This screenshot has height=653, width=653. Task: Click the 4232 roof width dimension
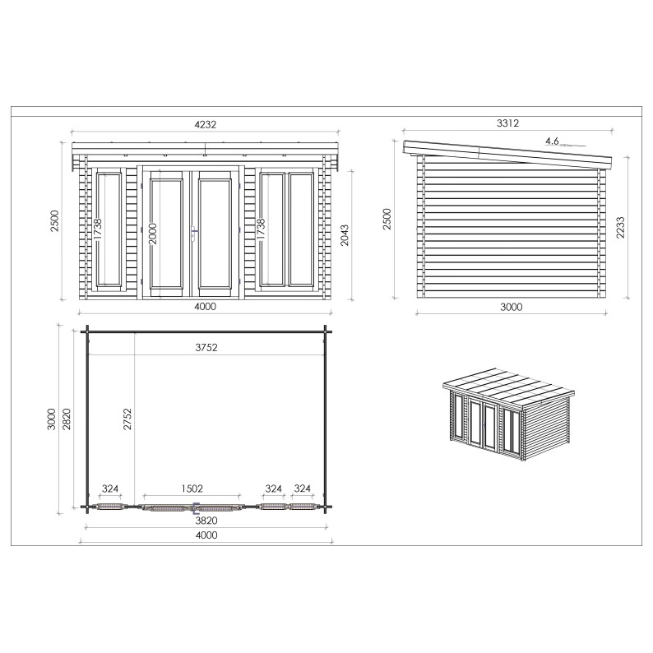(x=206, y=124)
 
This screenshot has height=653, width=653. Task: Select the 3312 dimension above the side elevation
(x=508, y=123)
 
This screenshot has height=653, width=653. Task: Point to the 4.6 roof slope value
(x=552, y=141)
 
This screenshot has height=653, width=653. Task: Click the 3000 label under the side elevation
(x=512, y=307)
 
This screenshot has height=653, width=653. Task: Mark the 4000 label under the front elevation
(x=206, y=307)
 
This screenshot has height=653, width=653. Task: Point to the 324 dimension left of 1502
(x=110, y=489)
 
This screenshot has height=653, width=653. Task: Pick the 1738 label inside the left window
(x=98, y=229)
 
